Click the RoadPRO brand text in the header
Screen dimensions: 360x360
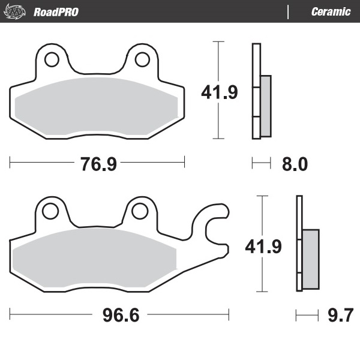point(56,11)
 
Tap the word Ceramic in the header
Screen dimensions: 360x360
point(331,11)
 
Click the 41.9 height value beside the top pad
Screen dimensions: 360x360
point(219,92)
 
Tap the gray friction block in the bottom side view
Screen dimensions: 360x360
point(310,258)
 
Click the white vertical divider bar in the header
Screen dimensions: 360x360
point(289,11)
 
